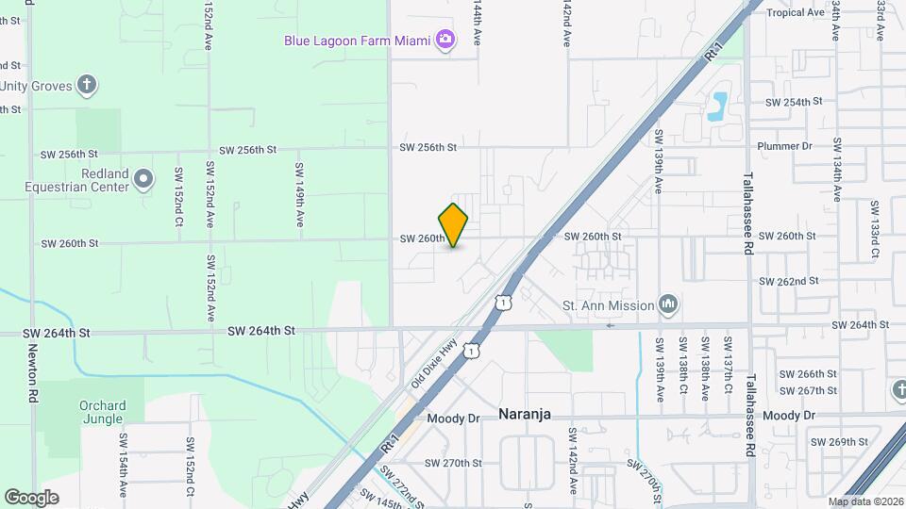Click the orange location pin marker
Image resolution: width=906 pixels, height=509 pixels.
tap(453, 224)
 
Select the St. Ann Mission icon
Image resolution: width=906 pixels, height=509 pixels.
tap(669, 304)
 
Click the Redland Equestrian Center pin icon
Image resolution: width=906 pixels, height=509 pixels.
tap(143, 177)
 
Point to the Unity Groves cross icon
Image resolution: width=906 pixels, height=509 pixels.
tap(86, 86)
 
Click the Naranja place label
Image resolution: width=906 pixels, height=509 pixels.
tap(524, 415)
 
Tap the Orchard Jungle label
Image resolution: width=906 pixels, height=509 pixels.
tap(101, 412)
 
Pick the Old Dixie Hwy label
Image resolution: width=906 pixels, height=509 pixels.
tap(434, 364)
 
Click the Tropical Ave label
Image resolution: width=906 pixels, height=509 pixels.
tap(796, 12)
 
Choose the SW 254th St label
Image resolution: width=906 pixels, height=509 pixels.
tap(794, 101)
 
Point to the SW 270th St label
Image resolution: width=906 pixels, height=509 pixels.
tap(453, 463)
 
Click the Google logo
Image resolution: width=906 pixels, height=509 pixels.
tap(31, 498)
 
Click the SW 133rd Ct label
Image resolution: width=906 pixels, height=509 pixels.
tap(875, 229)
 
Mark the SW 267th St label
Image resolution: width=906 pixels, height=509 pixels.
tap(809, 390)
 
